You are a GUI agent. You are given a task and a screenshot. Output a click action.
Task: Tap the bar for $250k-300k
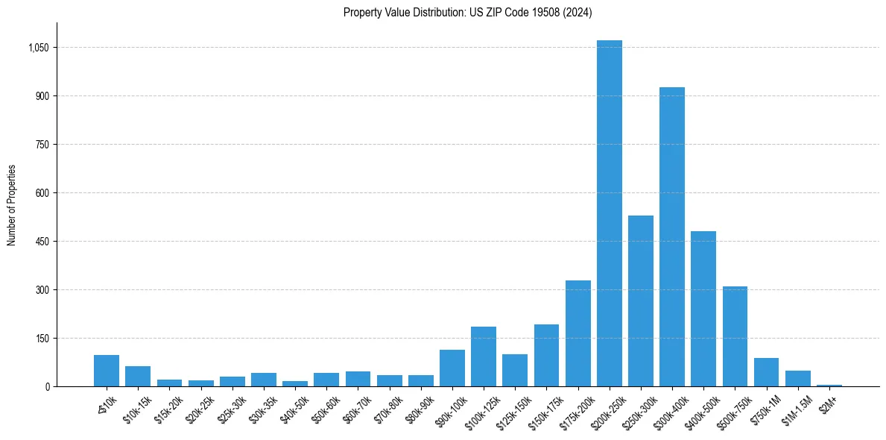click(641, 301)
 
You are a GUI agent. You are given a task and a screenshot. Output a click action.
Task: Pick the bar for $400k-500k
click(703, 309)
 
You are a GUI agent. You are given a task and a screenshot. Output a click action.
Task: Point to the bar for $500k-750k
click(735, 336)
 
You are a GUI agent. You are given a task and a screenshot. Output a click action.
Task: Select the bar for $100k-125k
click(484, 356)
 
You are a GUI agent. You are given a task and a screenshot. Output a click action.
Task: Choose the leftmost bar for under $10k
click(107, 371)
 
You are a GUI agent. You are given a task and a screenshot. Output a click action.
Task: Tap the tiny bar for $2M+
click(829, 385)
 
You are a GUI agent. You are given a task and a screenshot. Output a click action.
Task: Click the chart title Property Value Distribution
click(468, 13)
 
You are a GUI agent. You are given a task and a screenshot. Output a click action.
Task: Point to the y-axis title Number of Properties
click(12, 205)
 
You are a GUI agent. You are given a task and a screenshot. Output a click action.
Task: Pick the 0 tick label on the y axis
click(47, 387)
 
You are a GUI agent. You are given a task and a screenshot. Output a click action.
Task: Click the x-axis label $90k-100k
click(452, 409)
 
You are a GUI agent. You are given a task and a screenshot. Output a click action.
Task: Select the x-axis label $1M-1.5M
click(796, 409)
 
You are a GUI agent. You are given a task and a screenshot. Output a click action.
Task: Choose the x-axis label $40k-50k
click(294, 409)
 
